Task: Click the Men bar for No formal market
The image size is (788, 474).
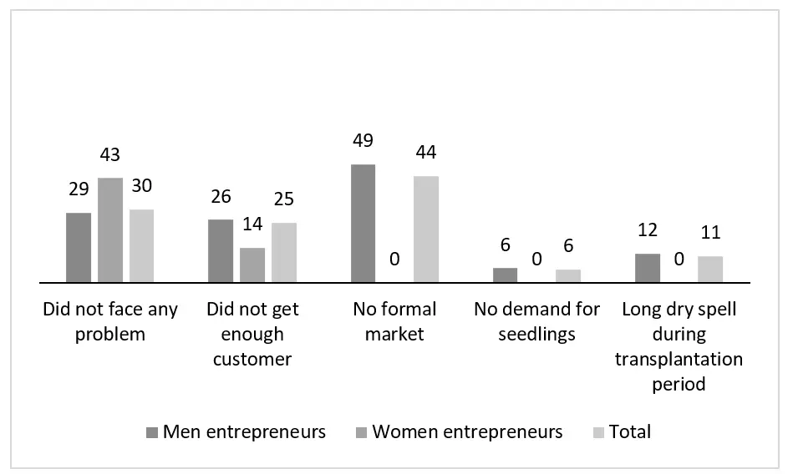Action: click(363, 224)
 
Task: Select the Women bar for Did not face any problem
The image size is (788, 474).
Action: click(110, 230)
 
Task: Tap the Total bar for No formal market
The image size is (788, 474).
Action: click(426, 229)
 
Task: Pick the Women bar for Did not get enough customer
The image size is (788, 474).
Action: click(252, 265)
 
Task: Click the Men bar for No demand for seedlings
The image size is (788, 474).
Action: click(505, 275)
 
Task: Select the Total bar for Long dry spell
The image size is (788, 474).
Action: click(710, 270)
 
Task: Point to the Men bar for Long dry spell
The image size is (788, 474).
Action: click(648, 268)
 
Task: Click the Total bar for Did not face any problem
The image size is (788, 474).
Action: click(142, 246)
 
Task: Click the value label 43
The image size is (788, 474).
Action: click(110, 155)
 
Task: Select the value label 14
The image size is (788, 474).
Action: click(252, 225)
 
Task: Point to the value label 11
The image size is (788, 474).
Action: click(710, 233)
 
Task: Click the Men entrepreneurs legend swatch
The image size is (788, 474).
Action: click(151, 432)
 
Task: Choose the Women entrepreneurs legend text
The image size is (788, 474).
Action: click(467, 431)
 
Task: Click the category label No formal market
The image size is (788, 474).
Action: click(394, 321)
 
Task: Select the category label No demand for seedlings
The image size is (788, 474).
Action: click(536, 321)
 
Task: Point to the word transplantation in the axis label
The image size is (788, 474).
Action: click(679, 359)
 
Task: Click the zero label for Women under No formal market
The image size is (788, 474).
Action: click(394, 260)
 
